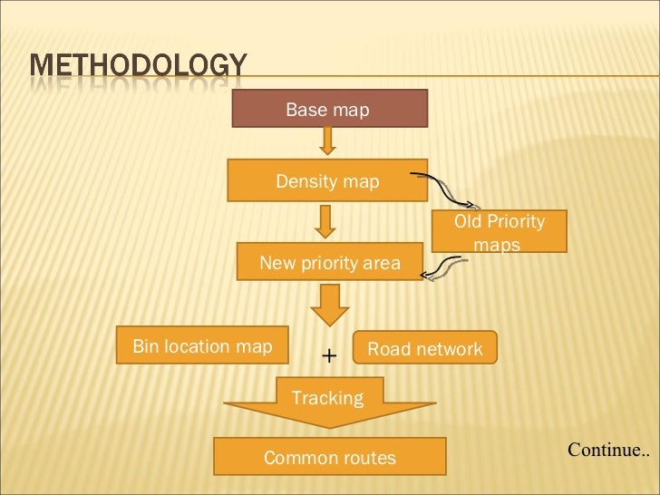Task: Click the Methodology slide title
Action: pyautogui.click(x=138, y=69)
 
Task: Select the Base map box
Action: pyautogui.click(x=327, y=110)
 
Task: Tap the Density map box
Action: pyautogui.click(x=327, y=181)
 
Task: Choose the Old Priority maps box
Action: pyautogui.click(x=499, y=231)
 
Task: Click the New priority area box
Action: pyautogui.click(x=329, y=263)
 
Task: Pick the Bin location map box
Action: pyautogui.click(x=202, y=345)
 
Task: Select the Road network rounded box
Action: pyautogui.click(x=425, y=349)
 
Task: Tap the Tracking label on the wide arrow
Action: pyautogui.click(x=327, y=398)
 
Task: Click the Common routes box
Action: pyautogui.click(x=329, y=457)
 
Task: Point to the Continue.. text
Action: pyautogui.click(x=608, y=449)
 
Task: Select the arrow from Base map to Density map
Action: pyautogui.click(x=327, y=141)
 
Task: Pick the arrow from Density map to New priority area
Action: pyautogui.click(x=326, y=220)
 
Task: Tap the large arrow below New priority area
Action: pyautogui.click(x=328, y=306)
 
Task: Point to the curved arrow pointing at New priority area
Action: pyautogui.click(x=446, y=268)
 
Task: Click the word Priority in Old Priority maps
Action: pyautogui.click(x=515, y=221)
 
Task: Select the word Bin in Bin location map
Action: pyautogui.click(x=145, y=346)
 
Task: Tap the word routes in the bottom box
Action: pyautogui.click(x=365, y=458)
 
